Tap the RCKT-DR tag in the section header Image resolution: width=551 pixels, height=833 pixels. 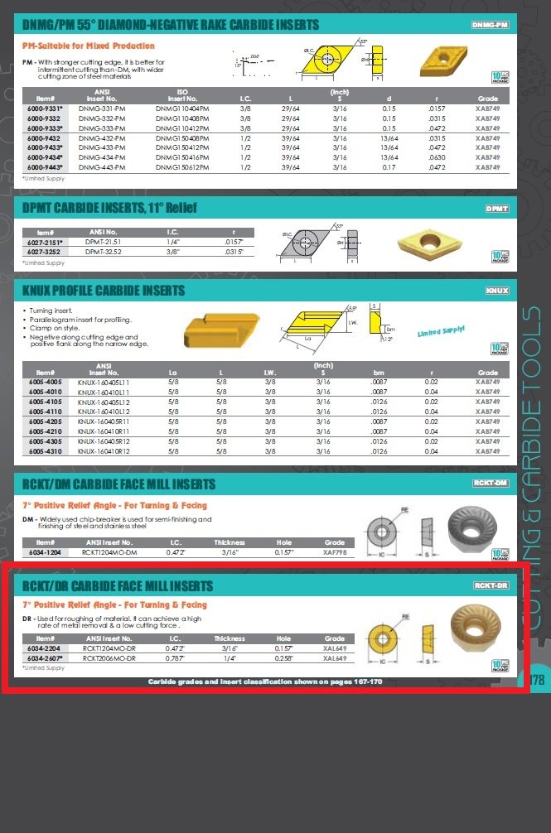click(491, 585)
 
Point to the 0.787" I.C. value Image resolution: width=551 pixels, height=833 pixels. click(175, 657)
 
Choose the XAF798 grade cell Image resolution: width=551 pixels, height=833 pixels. click(335, 552)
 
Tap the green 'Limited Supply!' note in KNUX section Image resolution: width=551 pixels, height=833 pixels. click(441, 330)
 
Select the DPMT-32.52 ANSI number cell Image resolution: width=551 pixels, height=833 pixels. click(103, 251)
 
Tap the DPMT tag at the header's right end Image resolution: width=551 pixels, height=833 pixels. click(496, 209)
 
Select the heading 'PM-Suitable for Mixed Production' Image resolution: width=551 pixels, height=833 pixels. click(88, 46)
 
